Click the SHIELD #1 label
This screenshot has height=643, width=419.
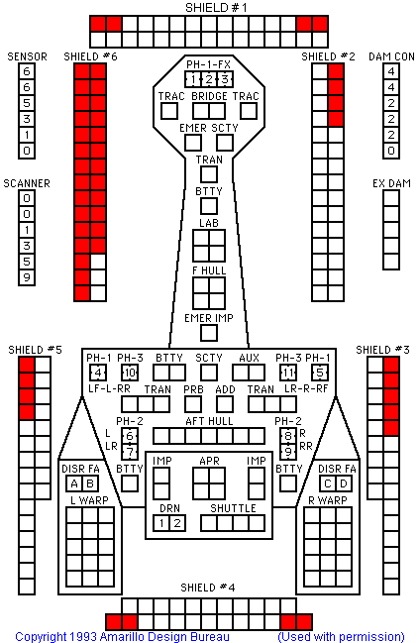(216, 8)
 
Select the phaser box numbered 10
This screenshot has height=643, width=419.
(130, 373)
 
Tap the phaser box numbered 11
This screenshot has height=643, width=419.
(288, 373)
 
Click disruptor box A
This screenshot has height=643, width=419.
(74, 483)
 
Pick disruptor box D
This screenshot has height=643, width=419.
(344, 483)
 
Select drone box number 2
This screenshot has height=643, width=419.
(177, 523)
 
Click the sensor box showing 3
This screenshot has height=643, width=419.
(27, 119)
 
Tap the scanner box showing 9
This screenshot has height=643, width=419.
(27, 277)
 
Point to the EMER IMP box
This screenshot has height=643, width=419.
(209, 333)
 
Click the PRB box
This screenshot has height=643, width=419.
(193, 404)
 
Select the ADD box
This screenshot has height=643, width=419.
(225, 404)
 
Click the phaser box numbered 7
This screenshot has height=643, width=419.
(130, 452)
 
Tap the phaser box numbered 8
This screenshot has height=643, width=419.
(288, 436)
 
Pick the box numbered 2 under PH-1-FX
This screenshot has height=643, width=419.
(209, 79)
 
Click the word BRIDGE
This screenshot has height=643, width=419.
(209, 96)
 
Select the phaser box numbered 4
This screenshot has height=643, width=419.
(98, 373)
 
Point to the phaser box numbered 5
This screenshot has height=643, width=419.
(320, 373)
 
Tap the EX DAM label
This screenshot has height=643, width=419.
(391, 183)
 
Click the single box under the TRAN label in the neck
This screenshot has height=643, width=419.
(209, 174)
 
